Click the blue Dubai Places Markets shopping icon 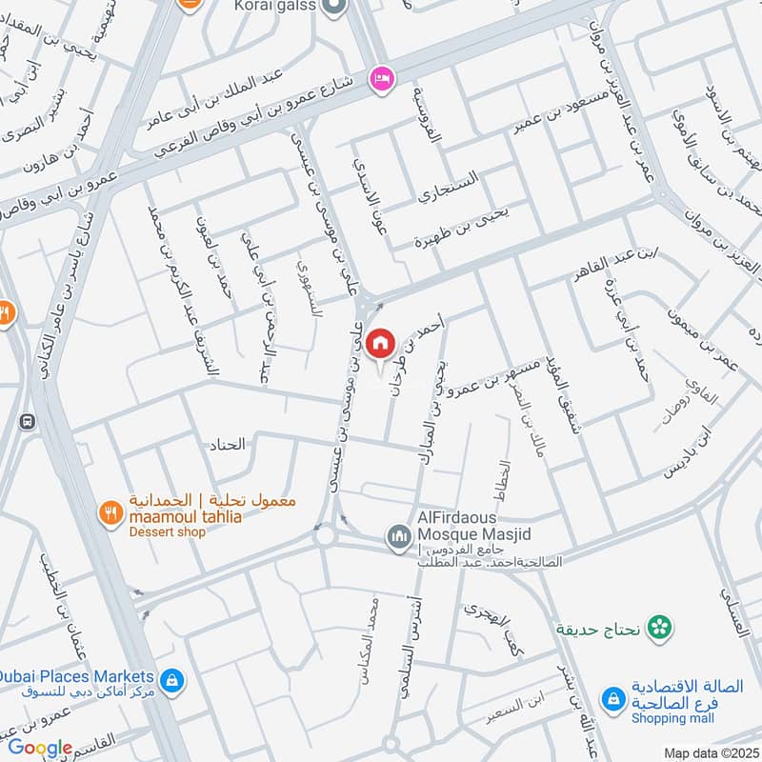pyautogui.click(x=172, y=680)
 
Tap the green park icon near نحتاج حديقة pyautogui.click(x=656, y=627)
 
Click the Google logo pyautogui.click(x=40, y=748)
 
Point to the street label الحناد pyautogui.click(x=226, y=443)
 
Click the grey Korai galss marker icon pyautogui.click(x=333, y=7)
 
